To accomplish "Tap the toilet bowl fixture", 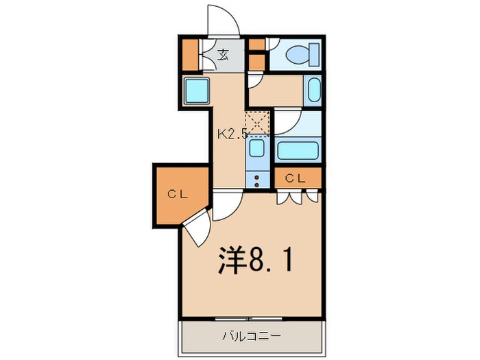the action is [298, 55].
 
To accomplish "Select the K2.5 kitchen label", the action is [232, 134].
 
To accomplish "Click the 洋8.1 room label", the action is [254, 260].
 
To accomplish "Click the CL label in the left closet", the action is [178, 194].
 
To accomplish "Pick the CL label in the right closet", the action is [295, 178].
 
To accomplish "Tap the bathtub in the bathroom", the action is [298, 151].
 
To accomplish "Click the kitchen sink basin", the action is [256, 148].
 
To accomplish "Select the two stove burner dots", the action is [257, 181].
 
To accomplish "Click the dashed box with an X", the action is [257, 123].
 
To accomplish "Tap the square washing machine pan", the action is [197, 91].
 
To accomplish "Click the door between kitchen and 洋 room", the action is [228, 205].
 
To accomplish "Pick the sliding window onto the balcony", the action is [248, 319].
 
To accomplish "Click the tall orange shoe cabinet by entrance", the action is [191, 55].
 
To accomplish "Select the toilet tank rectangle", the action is [315, 54].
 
